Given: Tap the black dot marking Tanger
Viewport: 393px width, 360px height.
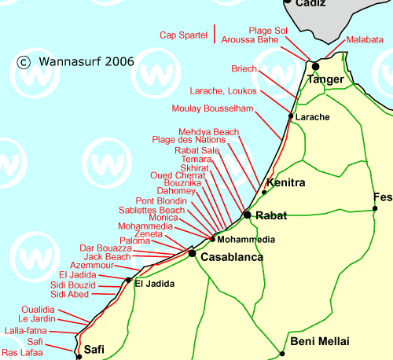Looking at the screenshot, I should (x=315, y=66).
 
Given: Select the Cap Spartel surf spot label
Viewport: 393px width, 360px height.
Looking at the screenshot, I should (x=183, y=35).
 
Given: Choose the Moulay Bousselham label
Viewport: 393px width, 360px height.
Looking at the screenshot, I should (x=212, y=108).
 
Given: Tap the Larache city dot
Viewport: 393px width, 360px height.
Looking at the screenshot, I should (x=291, y=116).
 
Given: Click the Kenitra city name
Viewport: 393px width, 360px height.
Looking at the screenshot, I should (x=286, y=182).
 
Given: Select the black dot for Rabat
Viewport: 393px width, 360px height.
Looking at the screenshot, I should (x=247, y=215).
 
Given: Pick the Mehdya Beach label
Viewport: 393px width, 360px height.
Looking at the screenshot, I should (x=208, y=131).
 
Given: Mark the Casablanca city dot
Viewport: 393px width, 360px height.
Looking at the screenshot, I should (x=192, y=253).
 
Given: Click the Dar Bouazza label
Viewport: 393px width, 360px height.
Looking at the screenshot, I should (x=106, y=248).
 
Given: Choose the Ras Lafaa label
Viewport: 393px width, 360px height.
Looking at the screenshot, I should (x=22, y=353).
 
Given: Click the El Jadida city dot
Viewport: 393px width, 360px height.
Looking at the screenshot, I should (x=128, y=279).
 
